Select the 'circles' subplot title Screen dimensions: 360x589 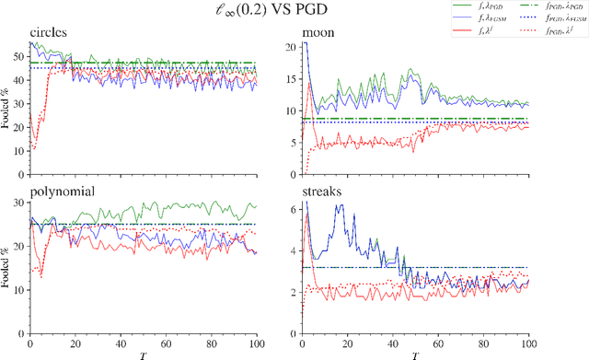(52, 34)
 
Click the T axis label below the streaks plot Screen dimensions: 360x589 (415, 354)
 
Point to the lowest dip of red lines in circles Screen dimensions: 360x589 (35, 145)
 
